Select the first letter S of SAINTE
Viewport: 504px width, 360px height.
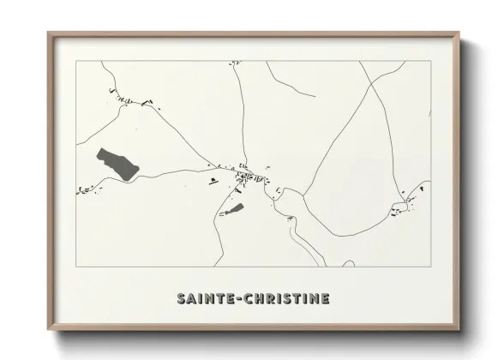[x=182, y=298]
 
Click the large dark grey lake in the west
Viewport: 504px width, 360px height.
[x=117, y=163]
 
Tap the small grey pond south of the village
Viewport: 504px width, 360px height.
[x=234, y=208]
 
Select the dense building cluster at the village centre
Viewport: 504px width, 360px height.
[x=249, y=177]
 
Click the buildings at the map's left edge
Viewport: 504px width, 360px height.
[x=85, y=189]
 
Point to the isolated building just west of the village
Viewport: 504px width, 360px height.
[x=213, y=180]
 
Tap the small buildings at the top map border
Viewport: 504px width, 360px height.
[x=234, y=63]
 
